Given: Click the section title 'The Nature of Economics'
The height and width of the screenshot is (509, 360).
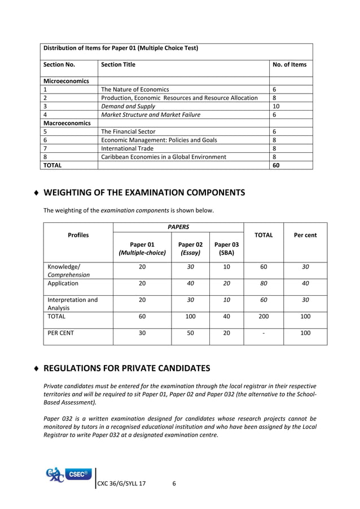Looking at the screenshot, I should click(134, 89).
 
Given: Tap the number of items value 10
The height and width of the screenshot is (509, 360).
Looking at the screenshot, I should click(276, 106).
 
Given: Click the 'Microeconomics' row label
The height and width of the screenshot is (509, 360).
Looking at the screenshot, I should click(66, 81).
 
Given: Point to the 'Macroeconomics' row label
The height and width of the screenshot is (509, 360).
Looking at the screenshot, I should click(67, 122).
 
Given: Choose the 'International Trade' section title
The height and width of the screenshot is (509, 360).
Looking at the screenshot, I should click(128, 148).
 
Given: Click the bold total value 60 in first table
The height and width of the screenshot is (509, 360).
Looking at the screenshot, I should click(276, 165).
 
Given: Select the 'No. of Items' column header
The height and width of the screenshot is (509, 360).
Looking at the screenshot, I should click(289, 64).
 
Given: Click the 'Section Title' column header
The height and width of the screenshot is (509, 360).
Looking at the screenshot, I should click(118, 64).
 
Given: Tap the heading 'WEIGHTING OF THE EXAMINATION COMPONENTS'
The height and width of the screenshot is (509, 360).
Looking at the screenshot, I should click(144, 192).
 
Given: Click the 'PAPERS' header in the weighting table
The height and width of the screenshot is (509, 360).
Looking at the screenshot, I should click(178, 227).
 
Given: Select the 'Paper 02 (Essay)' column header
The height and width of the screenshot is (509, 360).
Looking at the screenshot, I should click(190, 249).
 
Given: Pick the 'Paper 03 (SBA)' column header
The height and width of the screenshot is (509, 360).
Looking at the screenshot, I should click(226, 249).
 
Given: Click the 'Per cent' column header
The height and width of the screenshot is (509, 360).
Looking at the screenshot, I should click(305, 235).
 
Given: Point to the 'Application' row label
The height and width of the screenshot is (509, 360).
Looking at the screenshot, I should click(63, 283).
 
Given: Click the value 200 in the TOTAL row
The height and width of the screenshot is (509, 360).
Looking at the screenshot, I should click(263, 317).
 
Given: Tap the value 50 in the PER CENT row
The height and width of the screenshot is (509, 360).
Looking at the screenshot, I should click(190, 333).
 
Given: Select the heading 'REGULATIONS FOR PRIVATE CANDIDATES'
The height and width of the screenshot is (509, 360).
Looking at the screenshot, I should click(126, 368).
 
